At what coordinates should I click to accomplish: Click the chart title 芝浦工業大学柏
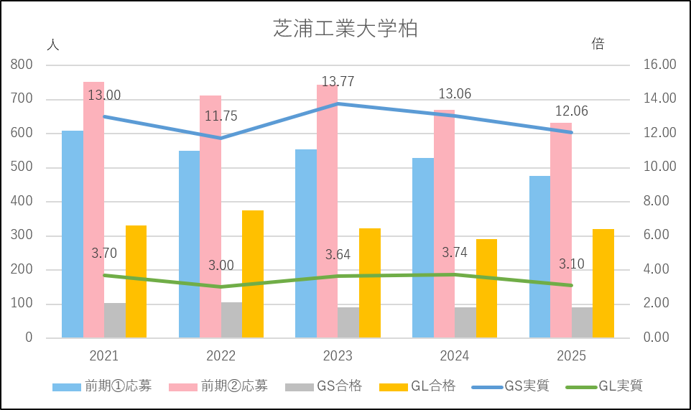pyautogui.click(x=345, y=29)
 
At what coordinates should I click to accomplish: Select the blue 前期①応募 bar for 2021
pyautogui.click(x=73, y=234)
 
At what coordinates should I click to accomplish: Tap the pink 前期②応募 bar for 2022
pyautogui.click(x=210, y=215)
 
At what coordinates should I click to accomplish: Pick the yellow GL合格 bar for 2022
pyautogui.click(x=253, y=274)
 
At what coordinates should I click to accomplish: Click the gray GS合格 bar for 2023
pyautogui.click(x=348, y=322)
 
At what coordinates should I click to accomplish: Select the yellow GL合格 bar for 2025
pyautogui.click(x=603, y=283)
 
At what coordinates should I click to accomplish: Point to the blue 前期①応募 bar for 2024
pyautogui.click(x=423, y=247)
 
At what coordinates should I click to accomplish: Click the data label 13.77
pyautogui.click(x=338, y=82)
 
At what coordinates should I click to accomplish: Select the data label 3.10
pyautogui.click(x=572, y=264)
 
